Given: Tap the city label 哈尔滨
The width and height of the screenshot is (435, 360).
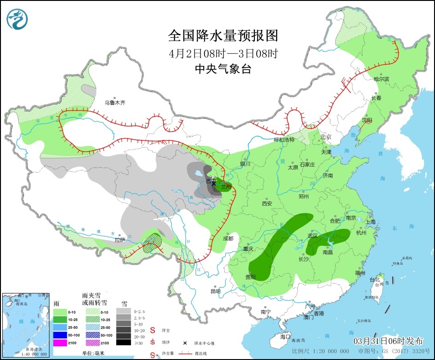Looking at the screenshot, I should click(381, 79).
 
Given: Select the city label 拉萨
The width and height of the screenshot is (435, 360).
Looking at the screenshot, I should click(120, 240).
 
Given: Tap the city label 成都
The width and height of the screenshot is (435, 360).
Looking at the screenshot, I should click(228, 238).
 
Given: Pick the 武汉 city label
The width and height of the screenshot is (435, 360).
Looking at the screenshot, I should click(313, 236).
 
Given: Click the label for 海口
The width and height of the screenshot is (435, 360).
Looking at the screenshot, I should click(286, 337).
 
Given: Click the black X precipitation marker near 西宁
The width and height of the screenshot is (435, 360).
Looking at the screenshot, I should click(213, 183).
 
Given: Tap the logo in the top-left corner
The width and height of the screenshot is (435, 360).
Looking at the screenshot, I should click(18, 18).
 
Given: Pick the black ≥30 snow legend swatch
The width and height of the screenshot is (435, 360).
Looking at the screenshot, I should click(123, 342).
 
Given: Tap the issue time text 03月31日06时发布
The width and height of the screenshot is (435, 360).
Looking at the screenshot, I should click(388, 341).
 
